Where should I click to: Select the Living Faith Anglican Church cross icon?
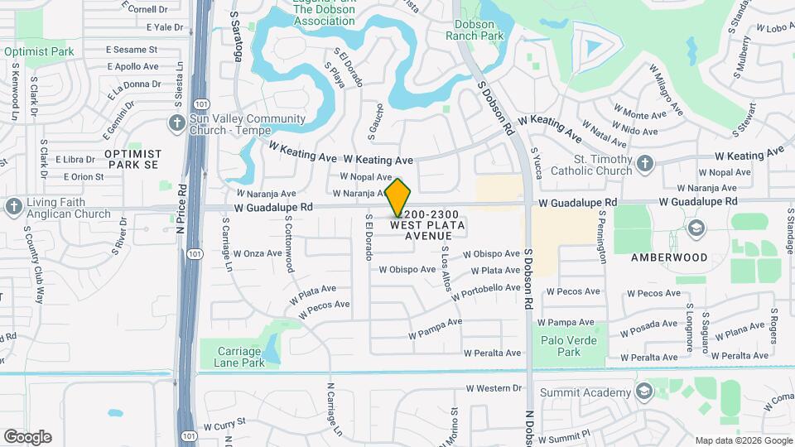(x=13, y=207)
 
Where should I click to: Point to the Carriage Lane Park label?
(x=239, y=357)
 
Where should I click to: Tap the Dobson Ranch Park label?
(x=475, y=31)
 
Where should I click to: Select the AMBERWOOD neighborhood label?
(x=669, y=257)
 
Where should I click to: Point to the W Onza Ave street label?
(x=257, y=253)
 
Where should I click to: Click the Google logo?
(x=27, y=437)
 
